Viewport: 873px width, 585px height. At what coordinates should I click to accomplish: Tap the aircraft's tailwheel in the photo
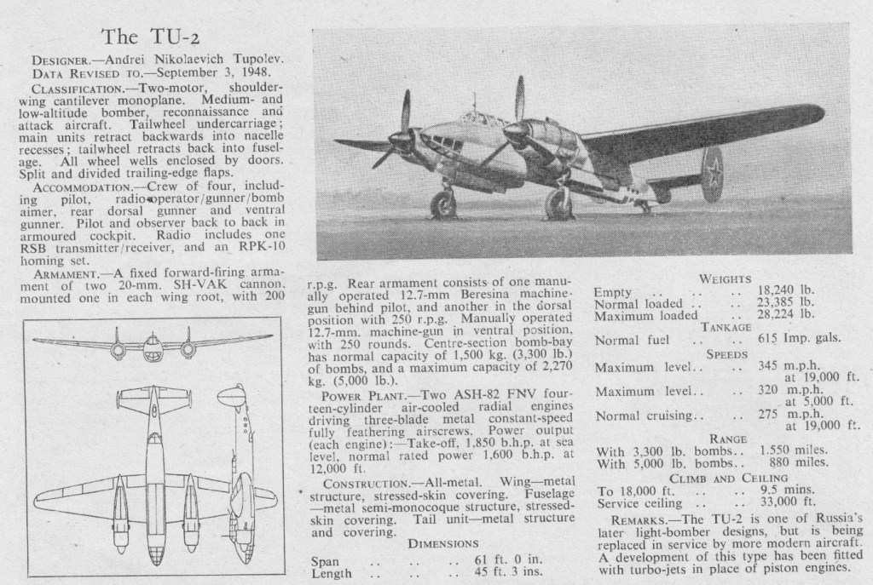coord(646,206)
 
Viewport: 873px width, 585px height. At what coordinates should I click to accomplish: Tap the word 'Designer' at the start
coord(59,61)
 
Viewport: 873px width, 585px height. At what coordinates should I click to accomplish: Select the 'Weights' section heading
coord(724,278)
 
